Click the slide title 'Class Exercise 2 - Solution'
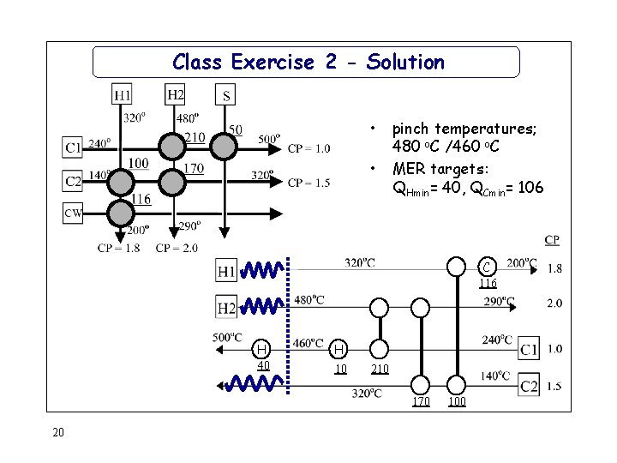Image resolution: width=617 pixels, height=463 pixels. coord(308,62)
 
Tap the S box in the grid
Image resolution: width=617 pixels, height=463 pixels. coord(225,94)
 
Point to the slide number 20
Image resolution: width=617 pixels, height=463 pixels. coord(58,432)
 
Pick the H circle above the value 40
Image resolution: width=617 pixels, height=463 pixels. coord(264,348)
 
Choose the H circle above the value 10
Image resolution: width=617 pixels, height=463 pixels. coord(340,349)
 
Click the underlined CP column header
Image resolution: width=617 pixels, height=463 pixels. coord(553,239)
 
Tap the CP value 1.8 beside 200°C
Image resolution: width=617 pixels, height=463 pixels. coord(554,268)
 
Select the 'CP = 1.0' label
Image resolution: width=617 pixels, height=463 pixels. coord(308,148)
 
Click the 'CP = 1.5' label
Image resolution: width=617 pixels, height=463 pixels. coord(308,183)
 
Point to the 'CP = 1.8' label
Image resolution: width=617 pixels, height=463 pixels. coord(118,249)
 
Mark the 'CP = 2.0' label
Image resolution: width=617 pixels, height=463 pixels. coord(177,249)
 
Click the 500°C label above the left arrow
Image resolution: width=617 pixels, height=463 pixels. coord(228,337)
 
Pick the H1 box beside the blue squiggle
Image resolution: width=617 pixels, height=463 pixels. coord(226,272)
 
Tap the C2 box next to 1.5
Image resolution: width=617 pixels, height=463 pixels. coord(529,387)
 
